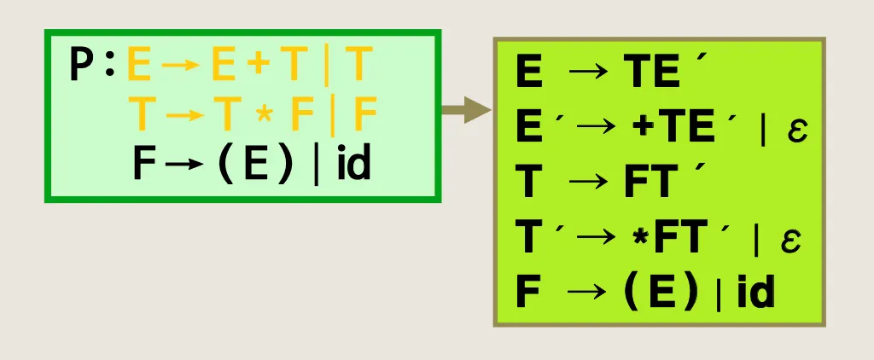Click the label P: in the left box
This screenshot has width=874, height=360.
point(93,67)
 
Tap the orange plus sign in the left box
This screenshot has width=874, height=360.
point(253,67)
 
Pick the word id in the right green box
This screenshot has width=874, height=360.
point(755,293)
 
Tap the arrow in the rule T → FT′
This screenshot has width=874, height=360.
point(589,185)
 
